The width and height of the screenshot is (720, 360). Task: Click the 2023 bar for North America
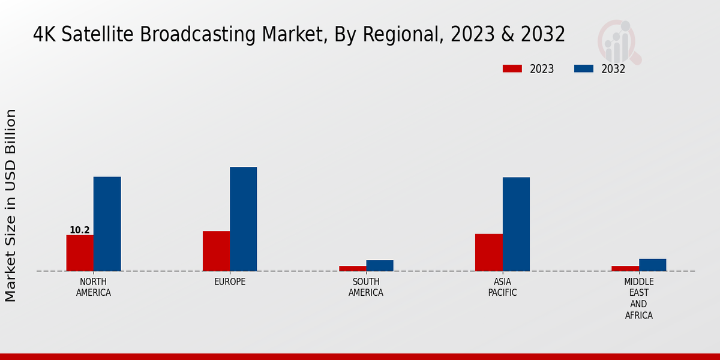(x=80, y=253)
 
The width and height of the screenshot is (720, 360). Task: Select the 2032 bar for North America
(x=107, y=224)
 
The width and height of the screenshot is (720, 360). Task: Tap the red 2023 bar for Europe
(x=216, y=251)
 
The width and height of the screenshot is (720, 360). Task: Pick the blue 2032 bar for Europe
(x=243, y=219)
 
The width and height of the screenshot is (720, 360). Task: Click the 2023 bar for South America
(x=352, y=268)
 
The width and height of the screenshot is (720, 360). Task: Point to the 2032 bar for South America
(x=380, y=265)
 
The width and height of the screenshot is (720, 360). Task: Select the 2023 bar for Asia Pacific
(x=488, y=252)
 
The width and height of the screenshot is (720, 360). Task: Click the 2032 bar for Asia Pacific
(x=516, y=224)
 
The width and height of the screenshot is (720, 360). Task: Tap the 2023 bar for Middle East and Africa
(x=625, y=268)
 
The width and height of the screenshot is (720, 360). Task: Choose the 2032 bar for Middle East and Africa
(x=652, y=265)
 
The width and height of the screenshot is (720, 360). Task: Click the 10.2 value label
(x=80, y=230)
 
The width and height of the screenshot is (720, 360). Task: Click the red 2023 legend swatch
(x=512, y=68)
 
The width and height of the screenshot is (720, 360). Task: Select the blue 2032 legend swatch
(x=583, y=68)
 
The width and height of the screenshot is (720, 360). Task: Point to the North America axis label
(x=94, y=287)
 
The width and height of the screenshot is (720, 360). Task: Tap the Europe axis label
(x=230, y=282)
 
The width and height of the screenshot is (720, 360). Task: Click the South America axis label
(x=366, y=287)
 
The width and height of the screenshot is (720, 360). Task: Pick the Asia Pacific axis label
(x=502, y=287)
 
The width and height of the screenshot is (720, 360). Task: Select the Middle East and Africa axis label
(x=638, y=298)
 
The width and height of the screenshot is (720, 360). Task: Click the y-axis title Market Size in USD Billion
(x=11, y=205)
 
